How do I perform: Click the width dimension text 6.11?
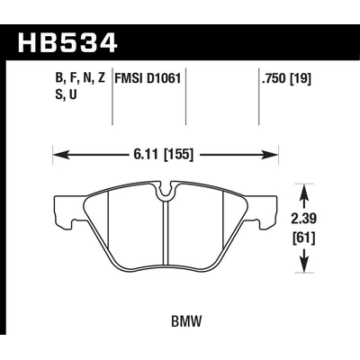(x=154, y=155)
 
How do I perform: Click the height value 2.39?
(x=304, y=218)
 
